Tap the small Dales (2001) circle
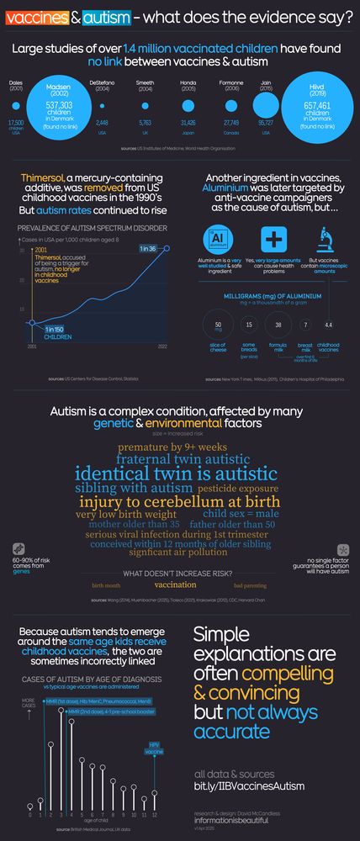(16, 107)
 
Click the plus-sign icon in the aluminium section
(273, 240)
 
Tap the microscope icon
(323, 240)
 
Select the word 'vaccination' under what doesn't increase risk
(175, 584)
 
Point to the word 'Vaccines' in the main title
(30, 16)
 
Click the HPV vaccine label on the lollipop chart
(155, 748)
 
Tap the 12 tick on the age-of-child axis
(155, 815)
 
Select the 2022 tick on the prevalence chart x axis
(161, 346)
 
